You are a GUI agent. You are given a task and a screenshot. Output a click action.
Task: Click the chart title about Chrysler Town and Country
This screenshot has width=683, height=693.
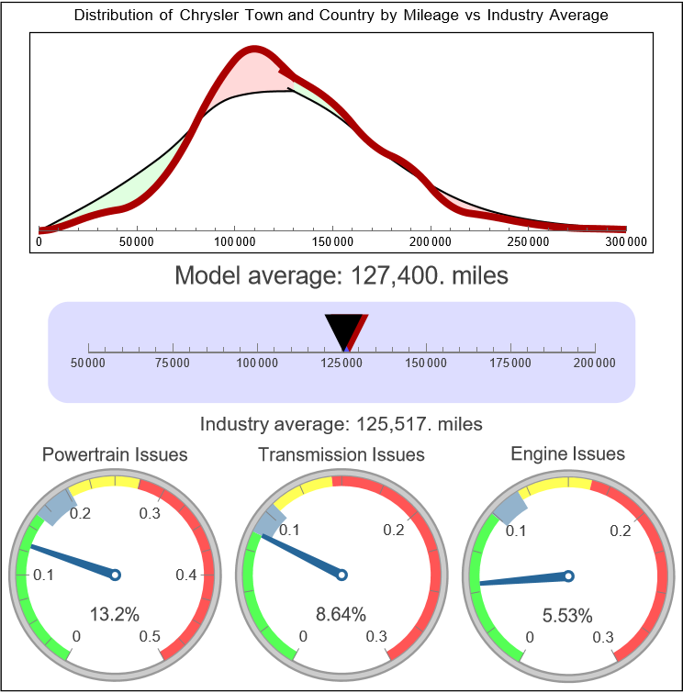coord(341,17)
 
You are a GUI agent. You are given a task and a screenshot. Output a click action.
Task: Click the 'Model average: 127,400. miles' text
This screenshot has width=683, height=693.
coord(341,275)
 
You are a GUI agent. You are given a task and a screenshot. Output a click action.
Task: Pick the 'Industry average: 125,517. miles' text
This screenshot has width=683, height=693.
coord(341,424)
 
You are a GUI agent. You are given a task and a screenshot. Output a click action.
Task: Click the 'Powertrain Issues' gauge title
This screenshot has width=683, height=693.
coord(116,454)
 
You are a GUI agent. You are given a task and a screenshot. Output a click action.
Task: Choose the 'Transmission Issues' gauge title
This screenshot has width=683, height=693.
coord(341,454)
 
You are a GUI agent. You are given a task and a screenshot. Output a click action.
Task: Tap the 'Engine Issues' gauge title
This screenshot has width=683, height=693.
coord(567,453)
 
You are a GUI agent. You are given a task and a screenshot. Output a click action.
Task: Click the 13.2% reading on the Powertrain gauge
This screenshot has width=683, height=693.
coord(116,613)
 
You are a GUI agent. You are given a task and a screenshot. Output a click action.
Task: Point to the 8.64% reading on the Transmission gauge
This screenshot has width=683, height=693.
coord(341,613)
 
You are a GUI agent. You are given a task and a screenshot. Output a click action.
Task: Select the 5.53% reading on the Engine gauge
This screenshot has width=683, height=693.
coord(567,613)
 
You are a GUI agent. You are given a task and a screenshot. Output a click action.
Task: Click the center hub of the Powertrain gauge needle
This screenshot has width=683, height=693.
coord(116,575)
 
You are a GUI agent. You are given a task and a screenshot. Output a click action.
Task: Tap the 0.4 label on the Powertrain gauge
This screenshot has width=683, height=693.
coord(187,576)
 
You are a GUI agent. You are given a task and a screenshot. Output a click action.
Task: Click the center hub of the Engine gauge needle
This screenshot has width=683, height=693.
coord(568,576)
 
